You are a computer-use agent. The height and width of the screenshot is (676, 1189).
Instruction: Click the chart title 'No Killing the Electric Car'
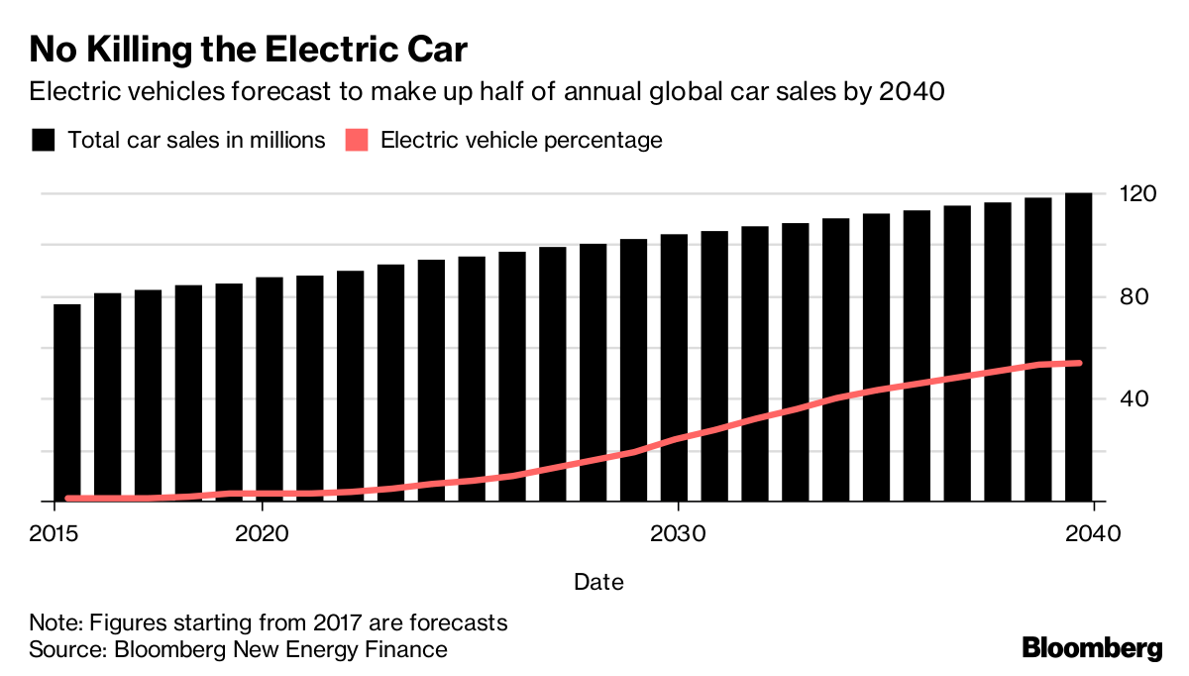point(248,50)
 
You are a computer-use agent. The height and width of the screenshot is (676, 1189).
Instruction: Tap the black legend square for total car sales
point(43,140)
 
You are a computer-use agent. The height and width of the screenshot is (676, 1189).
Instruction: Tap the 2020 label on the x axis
point(261,533)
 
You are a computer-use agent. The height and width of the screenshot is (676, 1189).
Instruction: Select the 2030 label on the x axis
point(677,533)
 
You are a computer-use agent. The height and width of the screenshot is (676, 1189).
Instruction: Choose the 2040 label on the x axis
point(1092,533)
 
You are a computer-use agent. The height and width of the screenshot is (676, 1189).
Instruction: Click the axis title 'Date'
point(599,582)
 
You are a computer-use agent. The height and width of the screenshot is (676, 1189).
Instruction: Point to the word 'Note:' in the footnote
point(56,623)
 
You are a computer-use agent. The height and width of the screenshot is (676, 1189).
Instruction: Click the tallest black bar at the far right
point(1078,347)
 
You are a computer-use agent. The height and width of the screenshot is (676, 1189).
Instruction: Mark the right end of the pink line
point(1079,363)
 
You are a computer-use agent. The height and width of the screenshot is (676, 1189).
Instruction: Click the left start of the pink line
point(67,498)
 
